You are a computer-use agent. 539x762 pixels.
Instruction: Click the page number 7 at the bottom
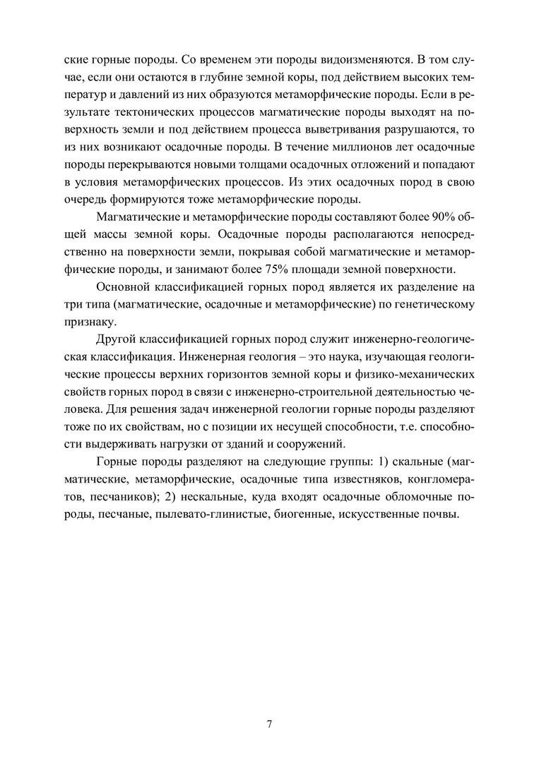(269, 724)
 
